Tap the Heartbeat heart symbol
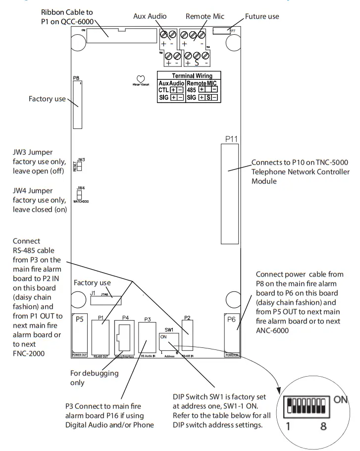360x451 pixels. coord(141,79)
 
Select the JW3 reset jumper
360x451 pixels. coord(79,167)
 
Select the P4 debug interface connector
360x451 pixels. coord(124,337)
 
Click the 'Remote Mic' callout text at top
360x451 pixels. coord(205,16)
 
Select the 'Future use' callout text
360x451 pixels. coord(262,16)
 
